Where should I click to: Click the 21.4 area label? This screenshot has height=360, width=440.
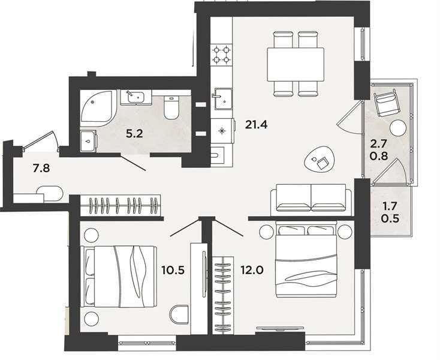click(256, 124)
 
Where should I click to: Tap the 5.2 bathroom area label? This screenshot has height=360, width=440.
click(134, 134)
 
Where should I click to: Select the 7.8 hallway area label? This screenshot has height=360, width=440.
click(41, 169)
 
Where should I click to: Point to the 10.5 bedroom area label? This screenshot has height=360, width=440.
click(173, 270)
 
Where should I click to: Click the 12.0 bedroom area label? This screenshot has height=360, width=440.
click(252, 270)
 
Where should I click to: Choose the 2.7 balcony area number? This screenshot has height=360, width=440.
click(379, 143)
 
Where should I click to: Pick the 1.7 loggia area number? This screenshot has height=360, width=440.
click(390, 206)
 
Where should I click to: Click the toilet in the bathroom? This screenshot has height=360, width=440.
click(171, 107)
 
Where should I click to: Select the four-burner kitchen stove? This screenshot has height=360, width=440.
click(222, 55)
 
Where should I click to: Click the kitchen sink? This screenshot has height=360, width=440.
click(224, 98)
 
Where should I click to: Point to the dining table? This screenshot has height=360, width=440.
click(296, 64)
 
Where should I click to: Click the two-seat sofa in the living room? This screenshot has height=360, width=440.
click(311, 198)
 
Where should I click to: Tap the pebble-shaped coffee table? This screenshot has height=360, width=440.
click(320, 162)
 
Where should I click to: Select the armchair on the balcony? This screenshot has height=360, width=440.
click(386, 103)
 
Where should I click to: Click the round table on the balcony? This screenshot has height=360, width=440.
click(398, 128)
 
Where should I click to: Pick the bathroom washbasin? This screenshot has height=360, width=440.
click(136, 97)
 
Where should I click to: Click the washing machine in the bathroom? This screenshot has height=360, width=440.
click(89, 141)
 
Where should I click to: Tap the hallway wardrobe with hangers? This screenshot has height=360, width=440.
click(120, 205)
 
